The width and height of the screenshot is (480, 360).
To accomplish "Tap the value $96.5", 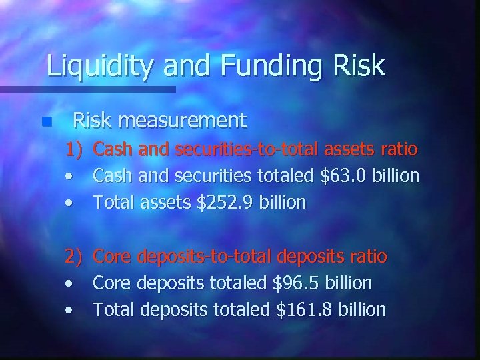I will [298, 283].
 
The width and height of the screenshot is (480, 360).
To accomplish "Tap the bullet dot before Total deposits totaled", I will [69, 310].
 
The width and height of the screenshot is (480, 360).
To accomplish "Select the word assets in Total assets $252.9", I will [161, 203].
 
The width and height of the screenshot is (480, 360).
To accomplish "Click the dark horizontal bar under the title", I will [87, 89].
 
